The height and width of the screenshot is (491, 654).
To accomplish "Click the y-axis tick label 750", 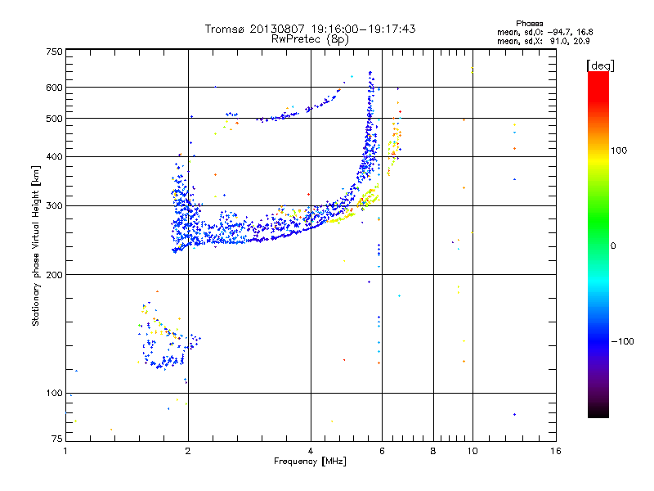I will pyautogui.click(x=54, y=52).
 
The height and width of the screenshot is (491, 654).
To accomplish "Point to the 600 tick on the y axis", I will pyautogui.click(x=54, y=88).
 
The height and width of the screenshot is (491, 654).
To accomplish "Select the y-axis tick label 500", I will pyautogui.click(x=54, y=119).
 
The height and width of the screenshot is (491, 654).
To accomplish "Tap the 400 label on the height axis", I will pyautogui.click(x=54, y=156).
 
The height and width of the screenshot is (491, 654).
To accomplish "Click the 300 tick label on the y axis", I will pyautogui.click(x=54, y=205).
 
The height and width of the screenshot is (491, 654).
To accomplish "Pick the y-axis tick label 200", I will pyautogui.click(x=54, y=274).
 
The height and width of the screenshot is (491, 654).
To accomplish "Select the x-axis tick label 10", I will pyautogui.click(x=472, y=451).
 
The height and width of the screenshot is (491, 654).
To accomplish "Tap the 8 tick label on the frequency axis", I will pyautogui.click(x=433, y=451).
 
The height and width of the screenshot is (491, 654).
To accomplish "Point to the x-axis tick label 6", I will pyautogui.click(x=383, y=451).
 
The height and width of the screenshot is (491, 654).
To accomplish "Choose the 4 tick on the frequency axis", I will pyautogui.click(x=311, y=451).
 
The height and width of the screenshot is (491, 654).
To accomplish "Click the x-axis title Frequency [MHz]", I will pyautogui.click(x=311, y=462).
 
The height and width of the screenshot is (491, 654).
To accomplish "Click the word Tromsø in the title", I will pyautogui.click(x=223, y=29).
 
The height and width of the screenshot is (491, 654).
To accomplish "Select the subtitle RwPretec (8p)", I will pyautogui.click(x=310, y=38).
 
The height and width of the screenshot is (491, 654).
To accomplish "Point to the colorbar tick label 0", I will pyautogui.click(x=616, y=245).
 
